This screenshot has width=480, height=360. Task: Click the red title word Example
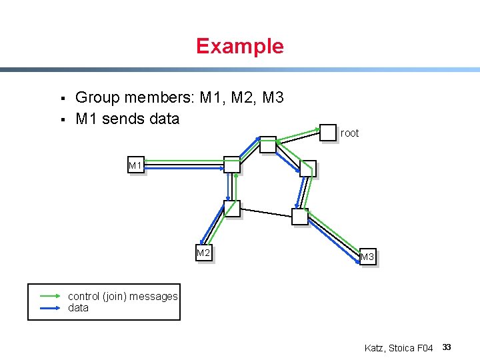[x=239, y=46]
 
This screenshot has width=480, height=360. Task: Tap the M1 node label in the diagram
[x=135, y=165]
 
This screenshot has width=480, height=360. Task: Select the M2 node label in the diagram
[x=203, y=253]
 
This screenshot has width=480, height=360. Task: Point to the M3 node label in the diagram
[x=367, y=257]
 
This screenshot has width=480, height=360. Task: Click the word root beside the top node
[x=349, y=133]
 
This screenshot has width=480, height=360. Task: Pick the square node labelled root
[x=328, y=132]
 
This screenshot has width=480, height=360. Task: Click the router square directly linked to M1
[x=231, y=165]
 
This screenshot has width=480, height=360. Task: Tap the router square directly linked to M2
[x=231, y=209]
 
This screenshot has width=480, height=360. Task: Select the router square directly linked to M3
[x=300, y=216]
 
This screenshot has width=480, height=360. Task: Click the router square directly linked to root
[x=267, y=144]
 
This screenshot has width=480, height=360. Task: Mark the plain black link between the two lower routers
[x=265, y=213]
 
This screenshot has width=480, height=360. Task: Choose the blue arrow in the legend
[x=51, y=308]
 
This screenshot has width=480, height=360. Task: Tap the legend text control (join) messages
[x=123, y=296]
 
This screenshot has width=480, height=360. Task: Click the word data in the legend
[x=78, y=308]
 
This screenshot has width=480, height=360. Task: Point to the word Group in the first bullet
[x=97, y=98]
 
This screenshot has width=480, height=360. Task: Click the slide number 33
[x=447, y=347]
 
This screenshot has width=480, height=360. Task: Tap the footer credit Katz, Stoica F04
[x=399, y=348]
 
